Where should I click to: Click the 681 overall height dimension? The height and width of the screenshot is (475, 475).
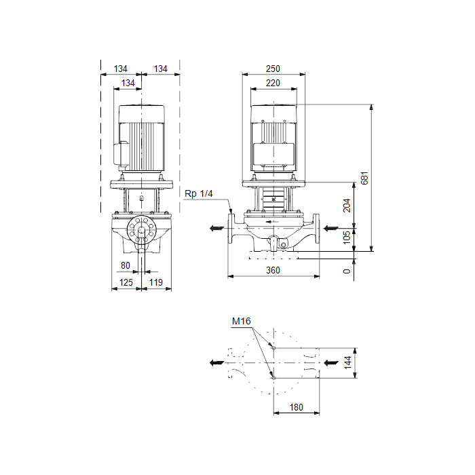point(365,178)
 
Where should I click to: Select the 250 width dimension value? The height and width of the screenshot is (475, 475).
point(273,69)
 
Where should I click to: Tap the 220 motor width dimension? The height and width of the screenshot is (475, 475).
point(273,83)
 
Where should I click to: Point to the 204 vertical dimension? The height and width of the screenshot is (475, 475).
point(347,206)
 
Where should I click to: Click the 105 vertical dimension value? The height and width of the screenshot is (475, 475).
point(347,237)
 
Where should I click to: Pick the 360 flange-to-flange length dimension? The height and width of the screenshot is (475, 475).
point(273,270)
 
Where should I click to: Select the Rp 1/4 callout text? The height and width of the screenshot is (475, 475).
point(199,193)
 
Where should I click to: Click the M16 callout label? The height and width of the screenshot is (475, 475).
point(242,321)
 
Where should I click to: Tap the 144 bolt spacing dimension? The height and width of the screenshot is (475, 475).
point(347,362)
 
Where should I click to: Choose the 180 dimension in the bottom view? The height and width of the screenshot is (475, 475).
point(297,407)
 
